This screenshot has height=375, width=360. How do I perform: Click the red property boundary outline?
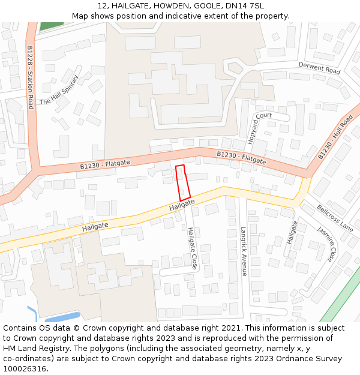pos(183,182)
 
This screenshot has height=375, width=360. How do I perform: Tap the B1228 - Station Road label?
pos(30,77)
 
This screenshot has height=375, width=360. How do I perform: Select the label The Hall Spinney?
pos(59,91)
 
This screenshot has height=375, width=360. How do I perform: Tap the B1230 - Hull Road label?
pos(335,137)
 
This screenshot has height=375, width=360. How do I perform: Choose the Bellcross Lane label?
pos(335,218)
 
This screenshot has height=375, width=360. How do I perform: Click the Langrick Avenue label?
pos(244,251)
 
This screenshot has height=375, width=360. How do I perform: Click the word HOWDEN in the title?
pos(172,5)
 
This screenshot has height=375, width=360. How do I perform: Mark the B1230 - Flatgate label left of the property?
pos(105,164)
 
